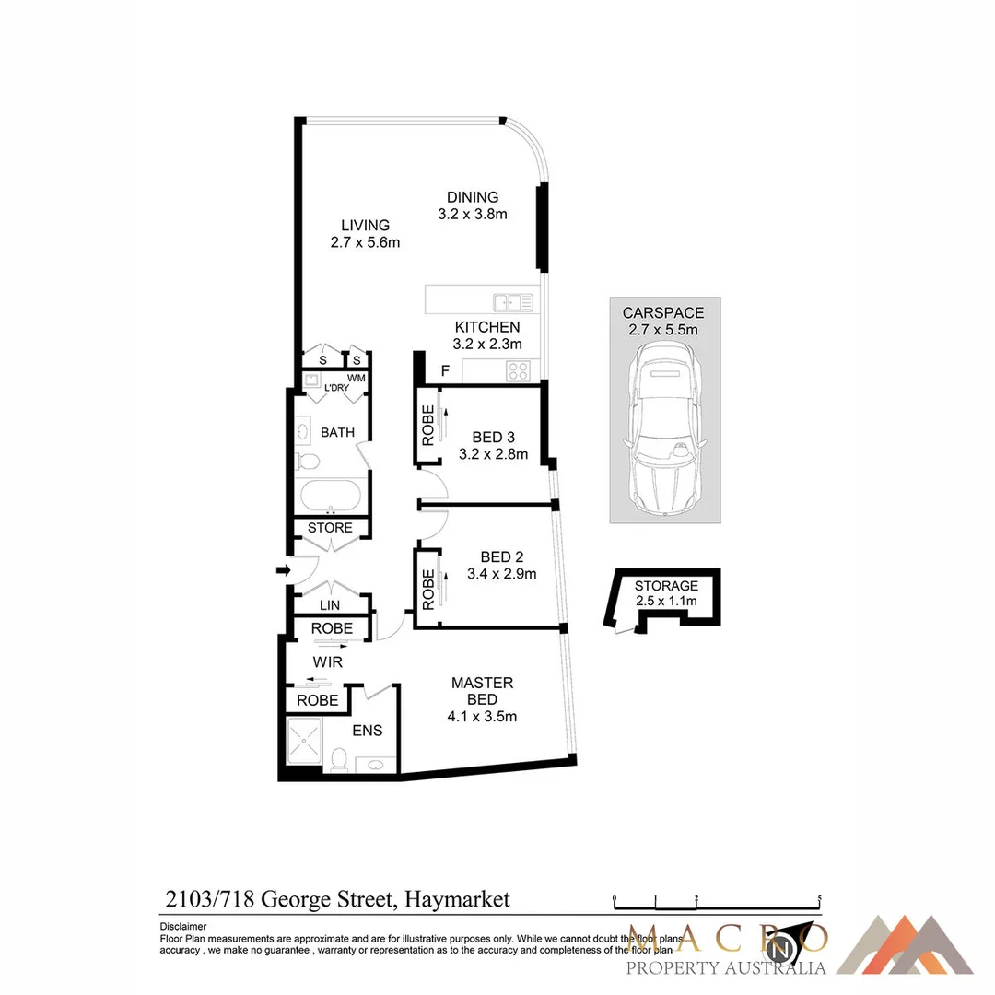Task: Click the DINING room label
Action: [473, 197]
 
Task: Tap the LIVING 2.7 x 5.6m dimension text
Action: [365, 242]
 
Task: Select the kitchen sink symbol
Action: [512, 301]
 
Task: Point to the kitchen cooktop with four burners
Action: [518, 370]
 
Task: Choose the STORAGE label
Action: [666, 586]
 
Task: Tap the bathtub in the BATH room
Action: [331, 496]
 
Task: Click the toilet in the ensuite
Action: [338, 758]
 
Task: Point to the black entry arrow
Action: [283, 571]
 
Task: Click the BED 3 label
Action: [487, 437]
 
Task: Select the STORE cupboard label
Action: [330, 528]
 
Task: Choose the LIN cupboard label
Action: [330, 605]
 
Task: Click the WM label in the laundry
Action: [357, 379]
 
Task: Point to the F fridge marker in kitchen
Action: [445, 371]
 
